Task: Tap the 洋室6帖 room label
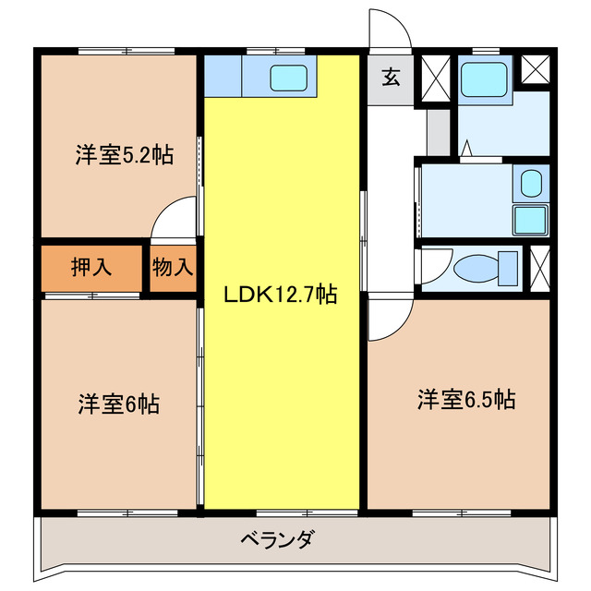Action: (x=118, y=404)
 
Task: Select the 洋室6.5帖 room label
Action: (x=465, y=400)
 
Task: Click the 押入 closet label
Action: (x=91, y=268)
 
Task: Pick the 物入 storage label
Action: (x=174, y=268)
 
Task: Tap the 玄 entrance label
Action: (x=391, y=78)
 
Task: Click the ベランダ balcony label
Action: (x=277, y=540)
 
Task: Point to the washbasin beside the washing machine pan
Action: (x=531, y=184)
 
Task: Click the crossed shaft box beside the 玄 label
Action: (x=432, y=78)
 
